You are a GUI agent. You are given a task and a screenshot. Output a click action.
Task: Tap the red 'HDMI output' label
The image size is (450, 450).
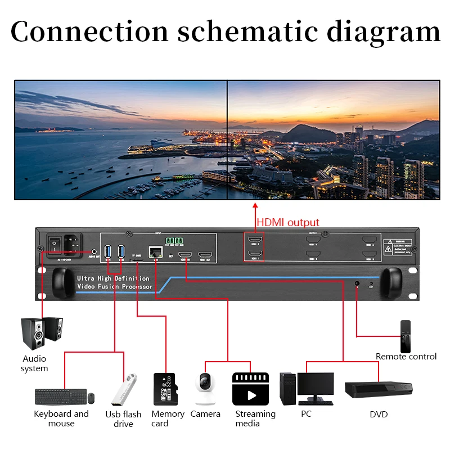click(x=288, y=222)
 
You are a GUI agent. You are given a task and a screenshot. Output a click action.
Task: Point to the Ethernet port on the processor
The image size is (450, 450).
click(x=154, y=251)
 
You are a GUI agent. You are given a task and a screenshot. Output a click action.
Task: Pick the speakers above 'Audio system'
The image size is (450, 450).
click(x=42, y=332)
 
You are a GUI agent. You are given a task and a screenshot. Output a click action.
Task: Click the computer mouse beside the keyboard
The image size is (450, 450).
click(x=91, y=398)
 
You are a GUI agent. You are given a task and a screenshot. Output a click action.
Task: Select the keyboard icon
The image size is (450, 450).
click(x=60, y=397)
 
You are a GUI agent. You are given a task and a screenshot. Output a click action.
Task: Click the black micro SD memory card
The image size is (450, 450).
click(x=165, y=389)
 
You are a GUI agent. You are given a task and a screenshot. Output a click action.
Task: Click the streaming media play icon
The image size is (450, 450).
click(x=250, y=389)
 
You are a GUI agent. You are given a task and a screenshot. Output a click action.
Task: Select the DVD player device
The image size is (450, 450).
click(x=378, y=389)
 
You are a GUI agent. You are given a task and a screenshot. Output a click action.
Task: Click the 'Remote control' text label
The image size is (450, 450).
click(x=406, y=356)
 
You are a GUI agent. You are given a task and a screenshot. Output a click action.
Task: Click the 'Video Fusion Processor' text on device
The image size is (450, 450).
click(x=115, y=287)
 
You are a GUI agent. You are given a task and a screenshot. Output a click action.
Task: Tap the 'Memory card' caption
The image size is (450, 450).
click(x=168, y=418)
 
